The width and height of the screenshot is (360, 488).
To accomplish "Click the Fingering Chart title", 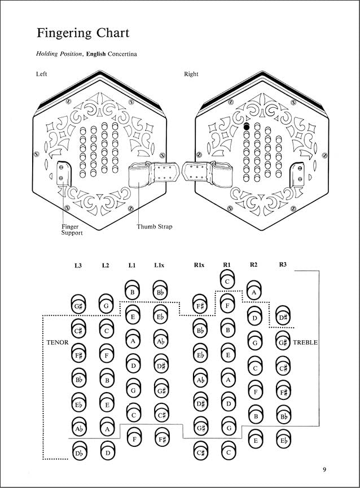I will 83,33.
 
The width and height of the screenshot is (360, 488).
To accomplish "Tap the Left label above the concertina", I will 42,74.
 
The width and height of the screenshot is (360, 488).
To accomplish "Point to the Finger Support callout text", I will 72,230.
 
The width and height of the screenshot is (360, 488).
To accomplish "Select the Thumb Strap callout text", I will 154,227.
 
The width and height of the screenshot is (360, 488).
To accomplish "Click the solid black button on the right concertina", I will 246,128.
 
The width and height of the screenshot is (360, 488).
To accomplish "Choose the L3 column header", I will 78,264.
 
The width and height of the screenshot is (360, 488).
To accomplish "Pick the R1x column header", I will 199,264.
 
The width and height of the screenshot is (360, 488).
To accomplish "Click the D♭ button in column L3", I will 78,452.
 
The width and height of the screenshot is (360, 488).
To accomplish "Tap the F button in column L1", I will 133,437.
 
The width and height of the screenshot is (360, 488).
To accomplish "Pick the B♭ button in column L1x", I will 160,293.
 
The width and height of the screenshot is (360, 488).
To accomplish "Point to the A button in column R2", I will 254,293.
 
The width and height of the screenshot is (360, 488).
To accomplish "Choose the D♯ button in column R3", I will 283,318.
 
